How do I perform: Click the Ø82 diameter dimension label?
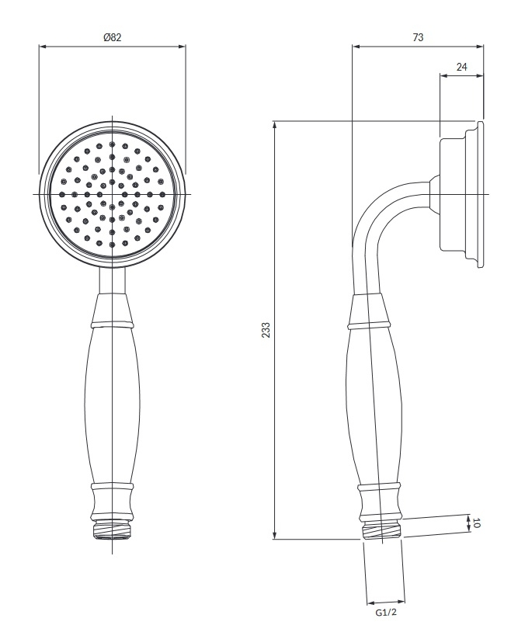(x=113, y=37)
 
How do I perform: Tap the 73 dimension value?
(x=418, y=37)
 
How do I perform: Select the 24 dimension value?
(x=462, y=67)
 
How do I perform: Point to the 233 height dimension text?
(x=266, y=330)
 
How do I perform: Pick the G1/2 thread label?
(x=386, y=613)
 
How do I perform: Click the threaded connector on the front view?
(x=112, y=530)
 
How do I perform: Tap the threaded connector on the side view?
(x=382, y=530)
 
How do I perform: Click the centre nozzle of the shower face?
(x=112, y=194)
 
